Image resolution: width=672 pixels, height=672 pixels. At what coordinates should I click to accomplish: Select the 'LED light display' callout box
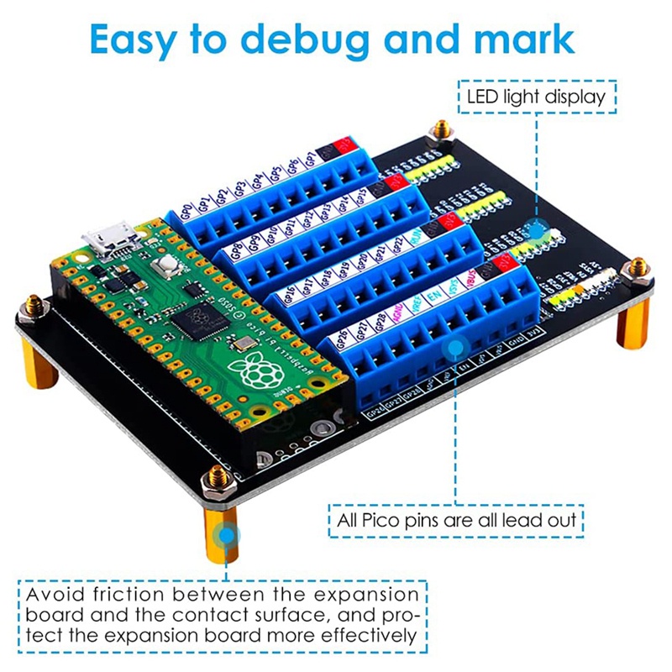[x=537, y=97]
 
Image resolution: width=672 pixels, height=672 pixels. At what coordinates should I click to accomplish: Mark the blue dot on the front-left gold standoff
[x=227, y=534]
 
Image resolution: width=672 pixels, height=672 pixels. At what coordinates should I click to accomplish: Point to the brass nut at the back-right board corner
[x=440, y=130]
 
